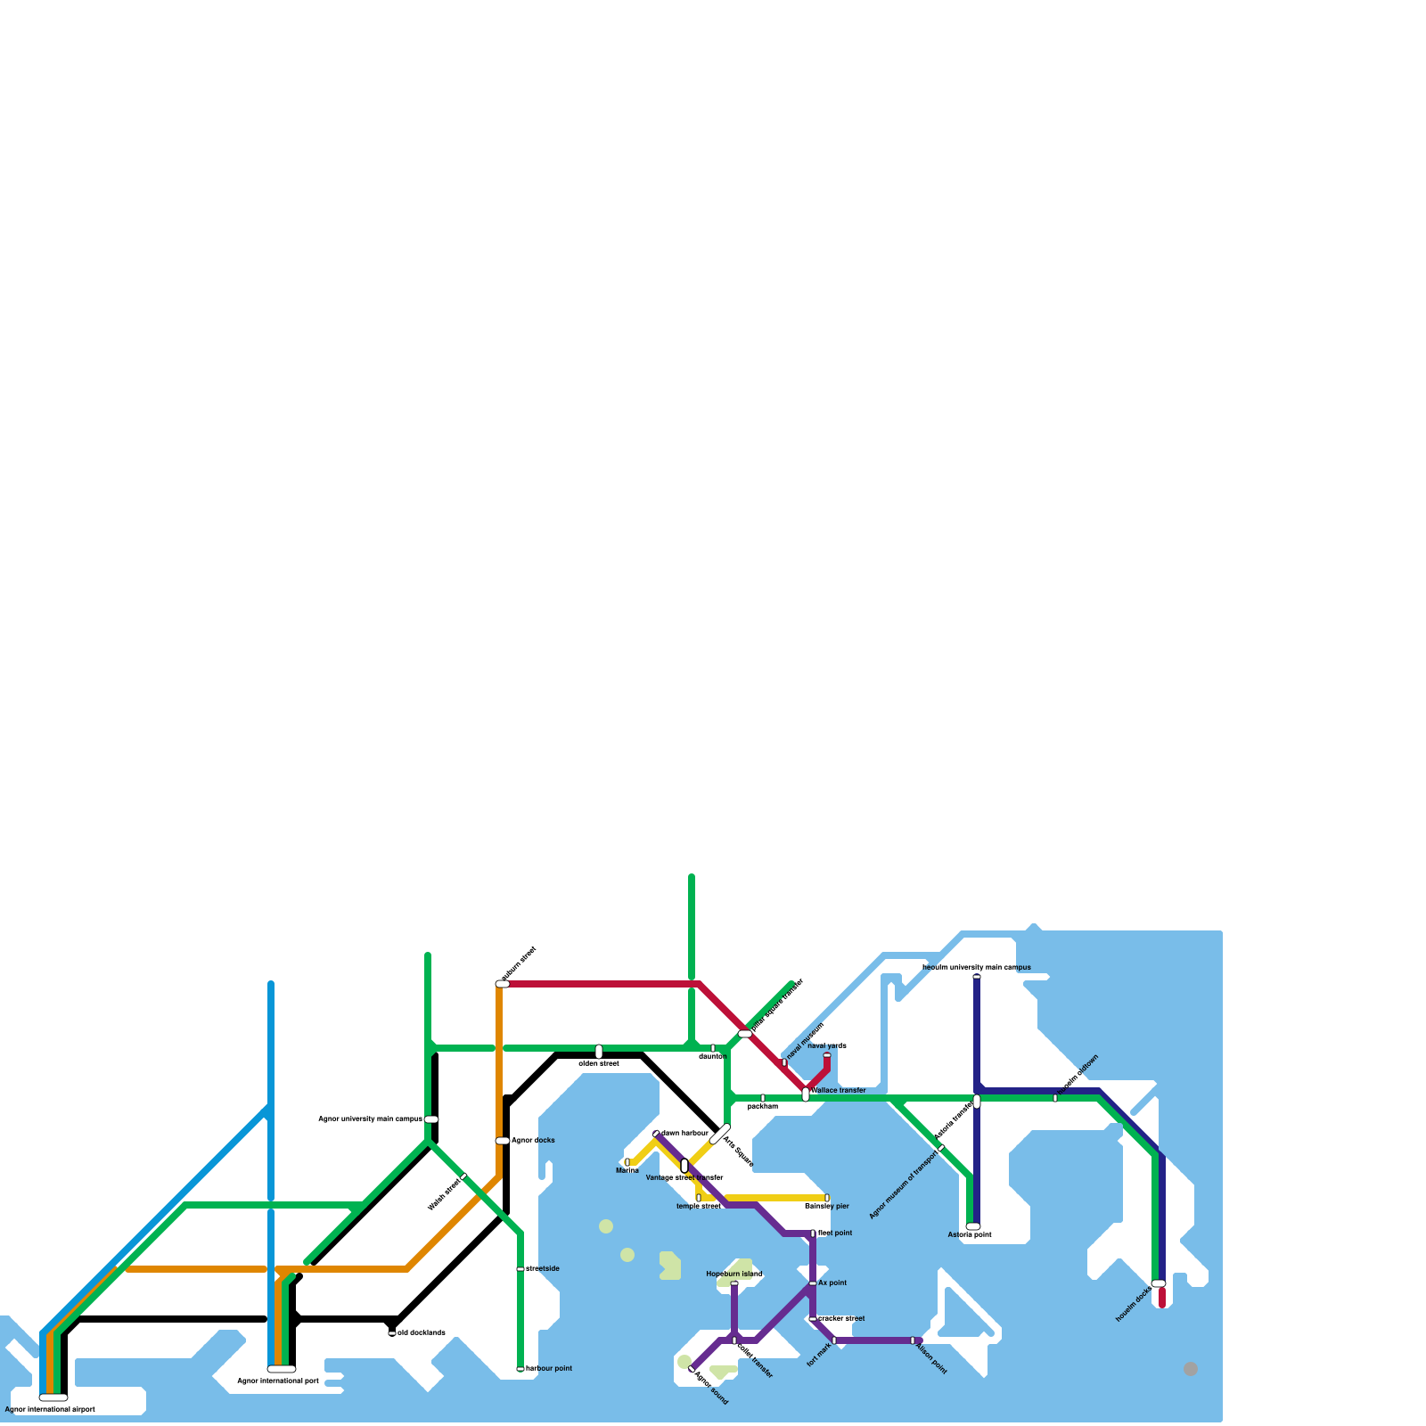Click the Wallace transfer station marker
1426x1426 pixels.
[x=806, y=1094]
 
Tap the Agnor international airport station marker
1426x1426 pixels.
[x=53, y=1397]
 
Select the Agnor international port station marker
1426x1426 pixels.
[x=282, y=1369]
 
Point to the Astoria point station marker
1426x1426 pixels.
[x=973, y=1226]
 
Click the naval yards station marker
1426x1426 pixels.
[x=827, y=1055]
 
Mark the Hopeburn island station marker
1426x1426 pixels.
[x=734, y=1283]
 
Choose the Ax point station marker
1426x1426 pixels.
[x=813, y=1283]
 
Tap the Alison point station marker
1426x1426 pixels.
[x=913, y=1340]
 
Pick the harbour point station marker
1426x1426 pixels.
[x=520, y=1369]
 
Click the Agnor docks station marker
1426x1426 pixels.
[x=503, y=1141]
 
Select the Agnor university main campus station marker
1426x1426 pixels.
[x=431, y=1119]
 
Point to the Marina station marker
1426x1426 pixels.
[x=627, y=1162]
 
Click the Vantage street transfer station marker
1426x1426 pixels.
[x=684, y=1166]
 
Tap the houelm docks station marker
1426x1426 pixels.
[x=1159, y=1283]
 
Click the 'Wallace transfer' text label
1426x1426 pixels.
[x=839, y=1090]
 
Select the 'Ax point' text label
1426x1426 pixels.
[x=832, y=1283]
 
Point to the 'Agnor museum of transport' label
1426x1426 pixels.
[x=903, y=1184]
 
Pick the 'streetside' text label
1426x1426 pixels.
[x=543, y=1268]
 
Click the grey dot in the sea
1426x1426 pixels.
[x=1191, y=1369]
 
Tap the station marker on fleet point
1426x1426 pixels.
[x=813, y=1233]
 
